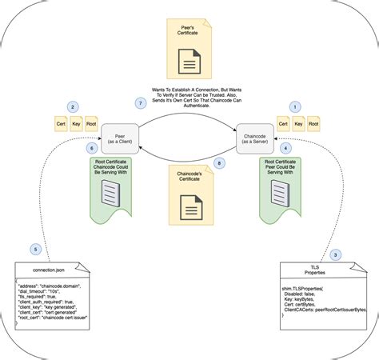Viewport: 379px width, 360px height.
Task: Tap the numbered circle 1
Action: (295, 106)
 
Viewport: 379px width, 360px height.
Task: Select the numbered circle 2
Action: (73, 106)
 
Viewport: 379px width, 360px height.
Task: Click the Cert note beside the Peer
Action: (60, 124)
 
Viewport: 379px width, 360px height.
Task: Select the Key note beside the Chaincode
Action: (298, 124)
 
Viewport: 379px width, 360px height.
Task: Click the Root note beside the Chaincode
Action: (313, 124)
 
